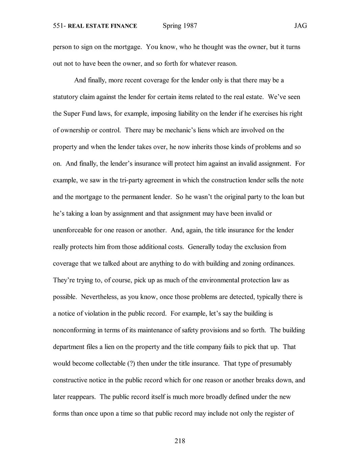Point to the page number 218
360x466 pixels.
click(180, 440)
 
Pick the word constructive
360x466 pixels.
click(70, 380)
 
